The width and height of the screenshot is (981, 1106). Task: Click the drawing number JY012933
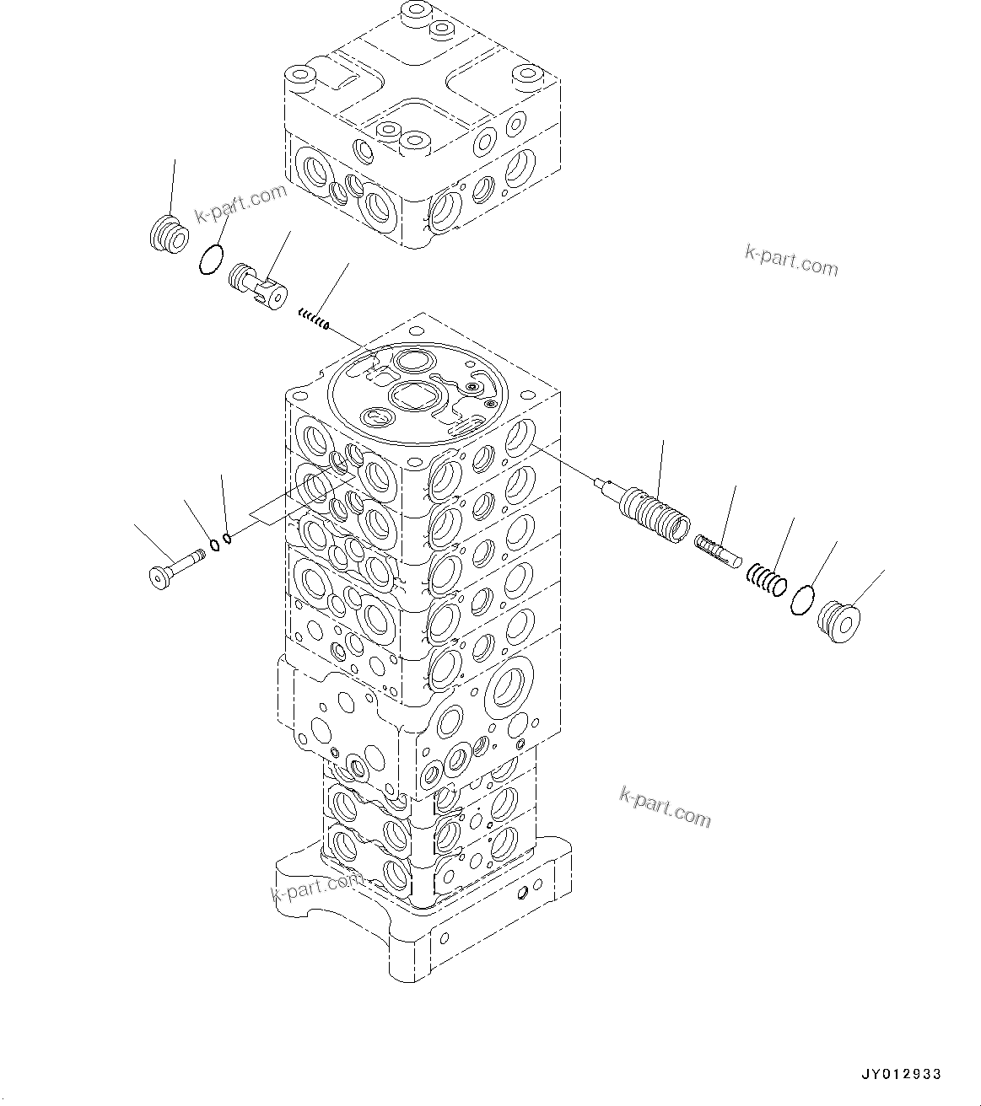click(x=901, y=1074)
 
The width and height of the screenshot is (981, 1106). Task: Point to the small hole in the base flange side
click(x=526, y=892)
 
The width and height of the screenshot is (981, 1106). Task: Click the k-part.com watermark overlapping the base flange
click(x=316, y=887)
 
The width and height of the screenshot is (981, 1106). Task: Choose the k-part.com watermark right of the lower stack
click(x=665, y=806)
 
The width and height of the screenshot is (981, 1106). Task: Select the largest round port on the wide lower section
click(x=509, y=684)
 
